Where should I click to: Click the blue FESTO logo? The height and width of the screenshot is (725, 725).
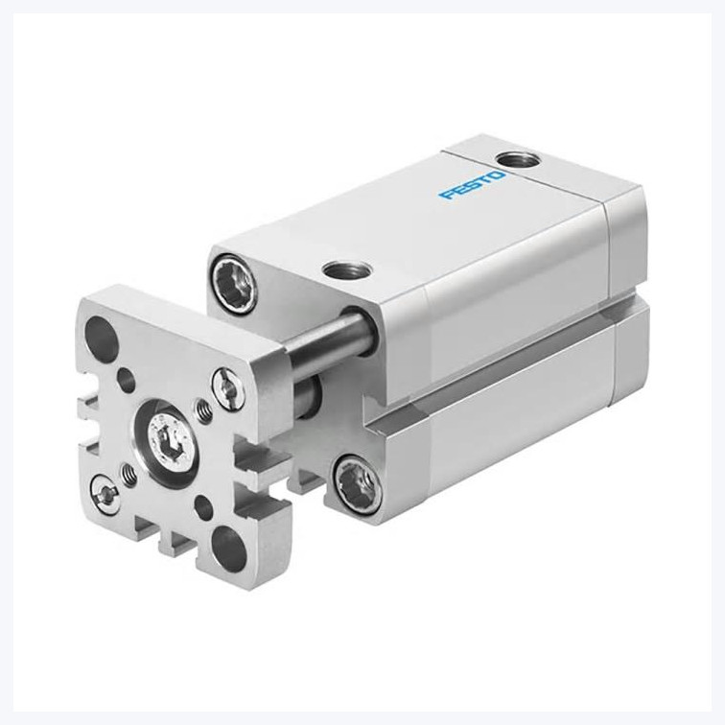pyautogui.click(x=472, y=185)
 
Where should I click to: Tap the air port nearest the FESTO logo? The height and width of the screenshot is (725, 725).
pyautogui.click(x=516, y=161)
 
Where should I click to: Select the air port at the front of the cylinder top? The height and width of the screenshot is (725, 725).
pyautogui.click(x=346, y=269)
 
